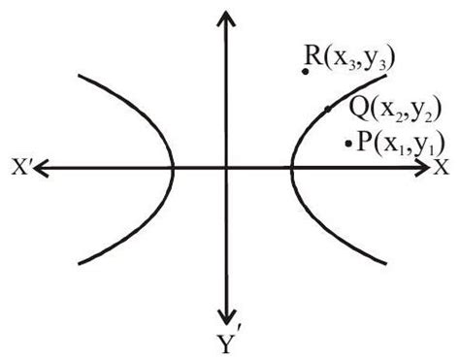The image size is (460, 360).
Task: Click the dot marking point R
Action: (x=306, y=71)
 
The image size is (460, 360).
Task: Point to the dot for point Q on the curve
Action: (x=328, y=109)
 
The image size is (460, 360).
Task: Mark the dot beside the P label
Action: (x=348, y=145)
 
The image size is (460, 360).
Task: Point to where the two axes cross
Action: (x=226, y=168)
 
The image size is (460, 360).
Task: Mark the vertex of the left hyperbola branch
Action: (x=173, y=168)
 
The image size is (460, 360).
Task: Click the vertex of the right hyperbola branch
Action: (x=290, y=168)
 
